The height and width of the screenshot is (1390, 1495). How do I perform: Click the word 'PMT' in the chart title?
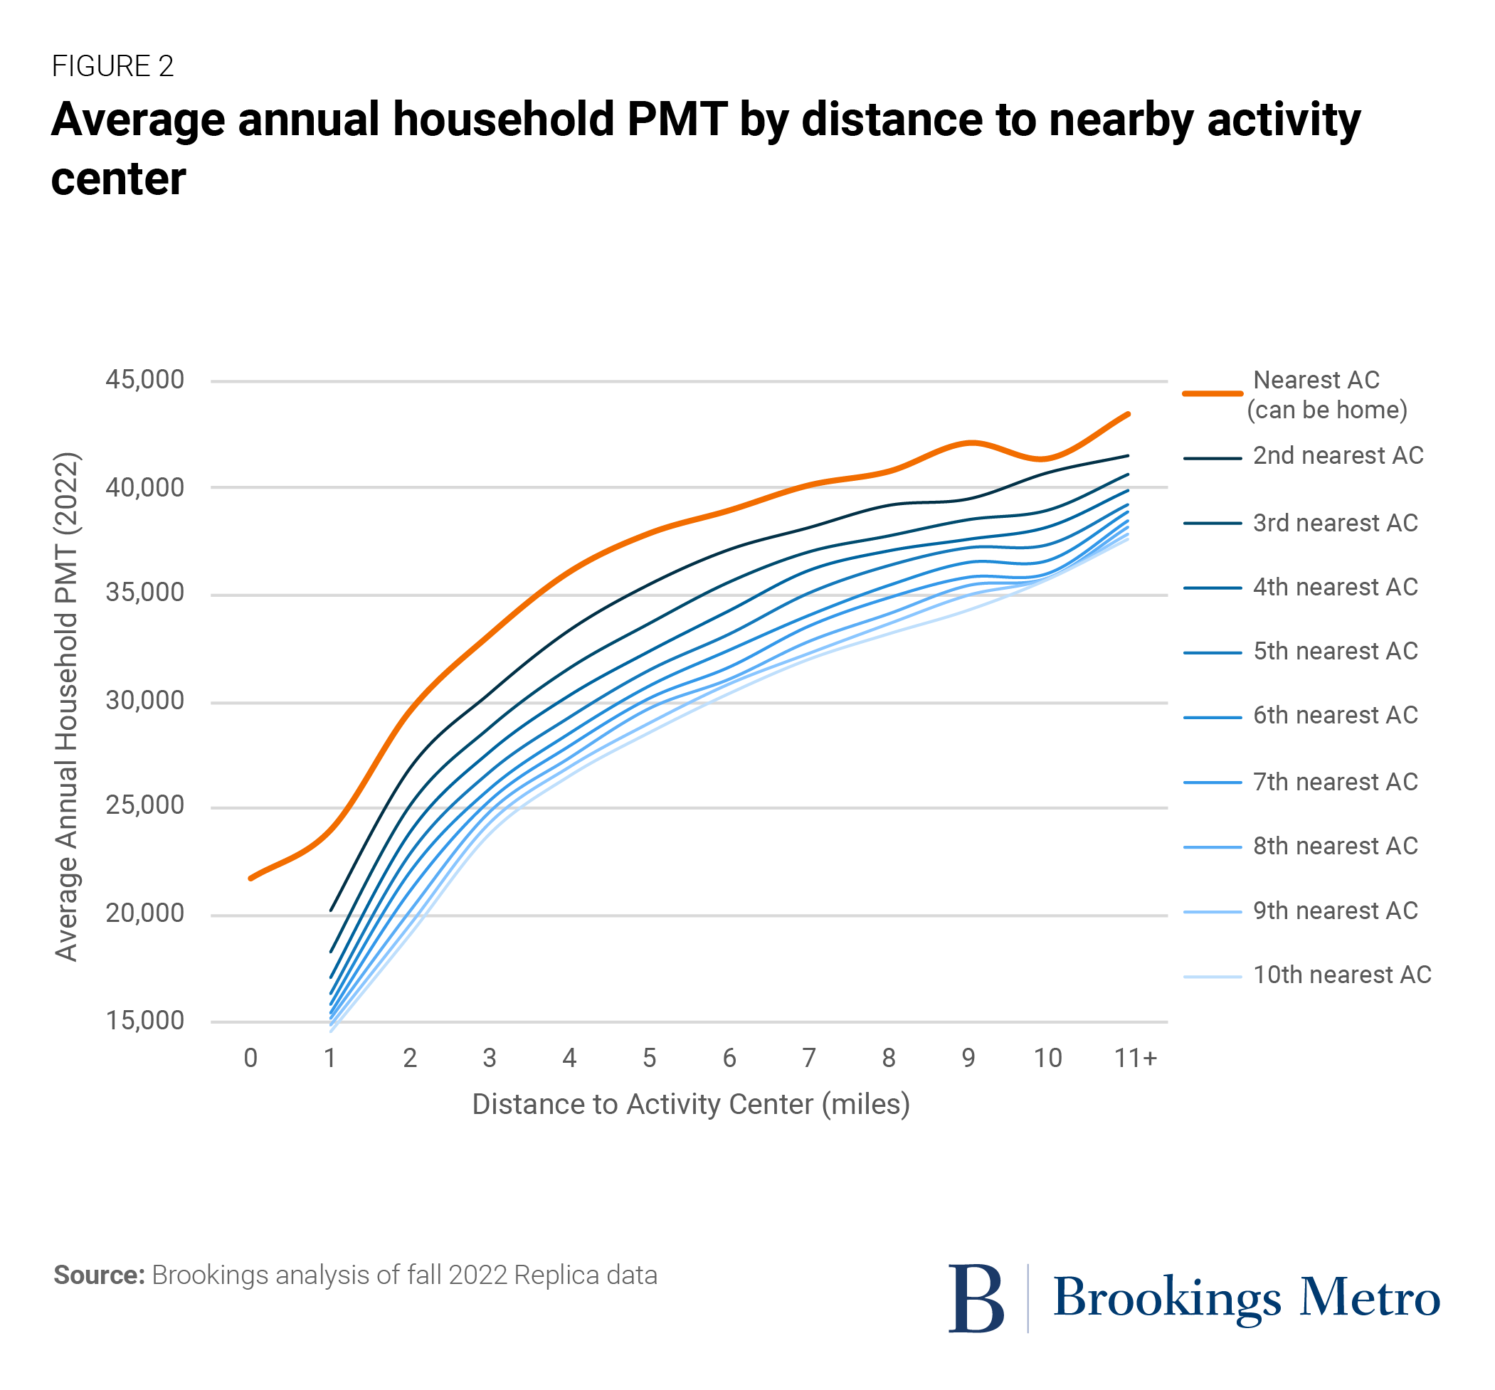pyautogui.click(x=676, y=120)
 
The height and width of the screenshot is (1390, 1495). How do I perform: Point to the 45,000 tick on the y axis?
pyautogui.click(x=144, y=380)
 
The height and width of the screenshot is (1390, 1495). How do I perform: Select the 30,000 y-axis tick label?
pyautogui.click(x=144, y=701)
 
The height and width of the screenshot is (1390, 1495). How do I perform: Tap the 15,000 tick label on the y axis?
pyautogui.click(x=144, y=1021)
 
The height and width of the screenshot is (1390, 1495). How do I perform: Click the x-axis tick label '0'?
pyautogui.click(x=250, y=1059)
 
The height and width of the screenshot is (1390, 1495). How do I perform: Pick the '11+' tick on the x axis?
pyautogui.click(x=1135, y=1059)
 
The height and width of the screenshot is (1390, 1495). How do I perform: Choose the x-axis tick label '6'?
pyautogui.click(x=729, y=1059)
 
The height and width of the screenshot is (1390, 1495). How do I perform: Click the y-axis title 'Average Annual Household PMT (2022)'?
pyautogui.click(x=66, y=706)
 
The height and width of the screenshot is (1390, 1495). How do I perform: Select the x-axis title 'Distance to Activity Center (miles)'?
pyautogui.click(x=690, y=1104)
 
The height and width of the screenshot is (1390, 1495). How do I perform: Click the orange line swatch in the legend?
pyautogui.click(x=1212, y=393)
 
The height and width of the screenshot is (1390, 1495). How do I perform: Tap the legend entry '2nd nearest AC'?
pyautogui.click(x=1338, y=455)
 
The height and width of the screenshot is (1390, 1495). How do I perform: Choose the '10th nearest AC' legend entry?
pyautogui.click(x=1341, y=975)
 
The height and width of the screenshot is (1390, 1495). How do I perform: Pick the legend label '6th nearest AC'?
pyautogui.click(x=1335, y=715)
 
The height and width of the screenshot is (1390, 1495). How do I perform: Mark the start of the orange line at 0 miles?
pyautogui.click(x=250, y=878)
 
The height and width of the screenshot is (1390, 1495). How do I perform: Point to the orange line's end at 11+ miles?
pyautogui.click(x=1128, y=414)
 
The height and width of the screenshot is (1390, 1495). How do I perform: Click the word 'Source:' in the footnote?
pyautogui.click(x=98, y=1275)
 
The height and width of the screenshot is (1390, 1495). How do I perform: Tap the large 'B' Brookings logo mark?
pyautogui.click(x=976, y=1298)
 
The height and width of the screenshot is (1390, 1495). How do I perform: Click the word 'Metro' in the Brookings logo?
pyautogui.click(x=1370, y=1298)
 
